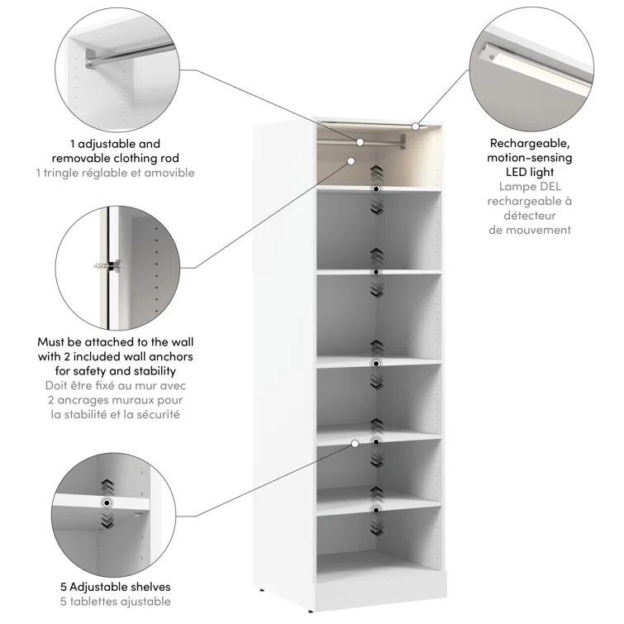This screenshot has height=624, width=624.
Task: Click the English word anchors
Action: pos(172,356)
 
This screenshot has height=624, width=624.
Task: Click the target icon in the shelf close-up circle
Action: pos(106,503)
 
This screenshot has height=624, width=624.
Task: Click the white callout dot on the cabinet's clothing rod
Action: pos(360,143)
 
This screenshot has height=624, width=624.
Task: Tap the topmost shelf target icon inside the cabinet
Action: pos(376,189)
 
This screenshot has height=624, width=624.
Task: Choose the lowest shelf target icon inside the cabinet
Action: pos(376,509)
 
